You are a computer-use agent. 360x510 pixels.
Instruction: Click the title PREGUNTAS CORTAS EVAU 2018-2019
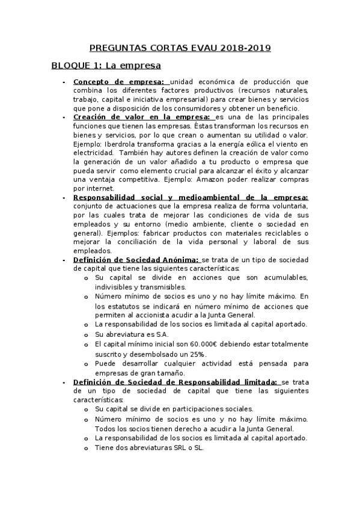click(x=180, y=48)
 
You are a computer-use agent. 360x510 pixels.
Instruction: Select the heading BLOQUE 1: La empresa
click(x=106, y=65)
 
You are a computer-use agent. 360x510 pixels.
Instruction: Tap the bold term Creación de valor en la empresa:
click(x=142, y=117)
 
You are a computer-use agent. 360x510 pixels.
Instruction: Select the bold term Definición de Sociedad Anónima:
click(x=136, y=259)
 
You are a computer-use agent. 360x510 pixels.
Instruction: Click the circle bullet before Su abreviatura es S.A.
click(x=86, y=335)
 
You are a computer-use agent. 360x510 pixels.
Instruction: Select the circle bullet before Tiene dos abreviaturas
click(x=86, y=449)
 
